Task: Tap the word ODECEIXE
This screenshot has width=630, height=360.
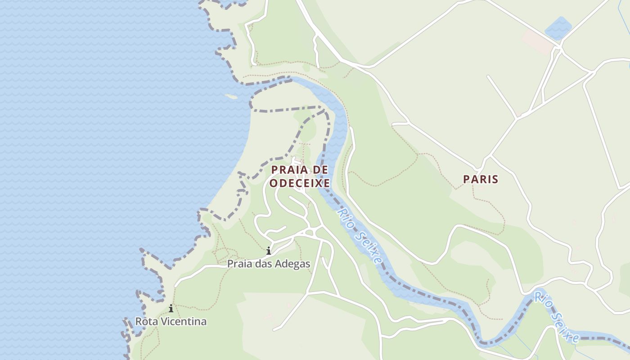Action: tap(299, 183)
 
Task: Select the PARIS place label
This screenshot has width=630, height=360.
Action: tap(481, 180)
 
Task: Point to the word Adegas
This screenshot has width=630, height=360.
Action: tap(293, 264)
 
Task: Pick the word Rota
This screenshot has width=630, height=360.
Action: tap(146, 322)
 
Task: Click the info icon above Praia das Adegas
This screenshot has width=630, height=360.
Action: tap(269, 251)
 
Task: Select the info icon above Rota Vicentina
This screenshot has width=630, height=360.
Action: tap(171, 309)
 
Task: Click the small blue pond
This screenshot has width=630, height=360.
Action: tap(558, 28)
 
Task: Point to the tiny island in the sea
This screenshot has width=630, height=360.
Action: tap(231, 96)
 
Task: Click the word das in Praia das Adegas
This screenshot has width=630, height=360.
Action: tap(263, 264)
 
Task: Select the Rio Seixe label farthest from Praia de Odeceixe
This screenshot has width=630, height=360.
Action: tap(556, 317)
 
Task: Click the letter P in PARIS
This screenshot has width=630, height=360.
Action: tap(467, 180)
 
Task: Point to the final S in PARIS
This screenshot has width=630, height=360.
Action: tap(495, 180)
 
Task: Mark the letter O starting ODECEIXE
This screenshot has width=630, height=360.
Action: tap(274, 183)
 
